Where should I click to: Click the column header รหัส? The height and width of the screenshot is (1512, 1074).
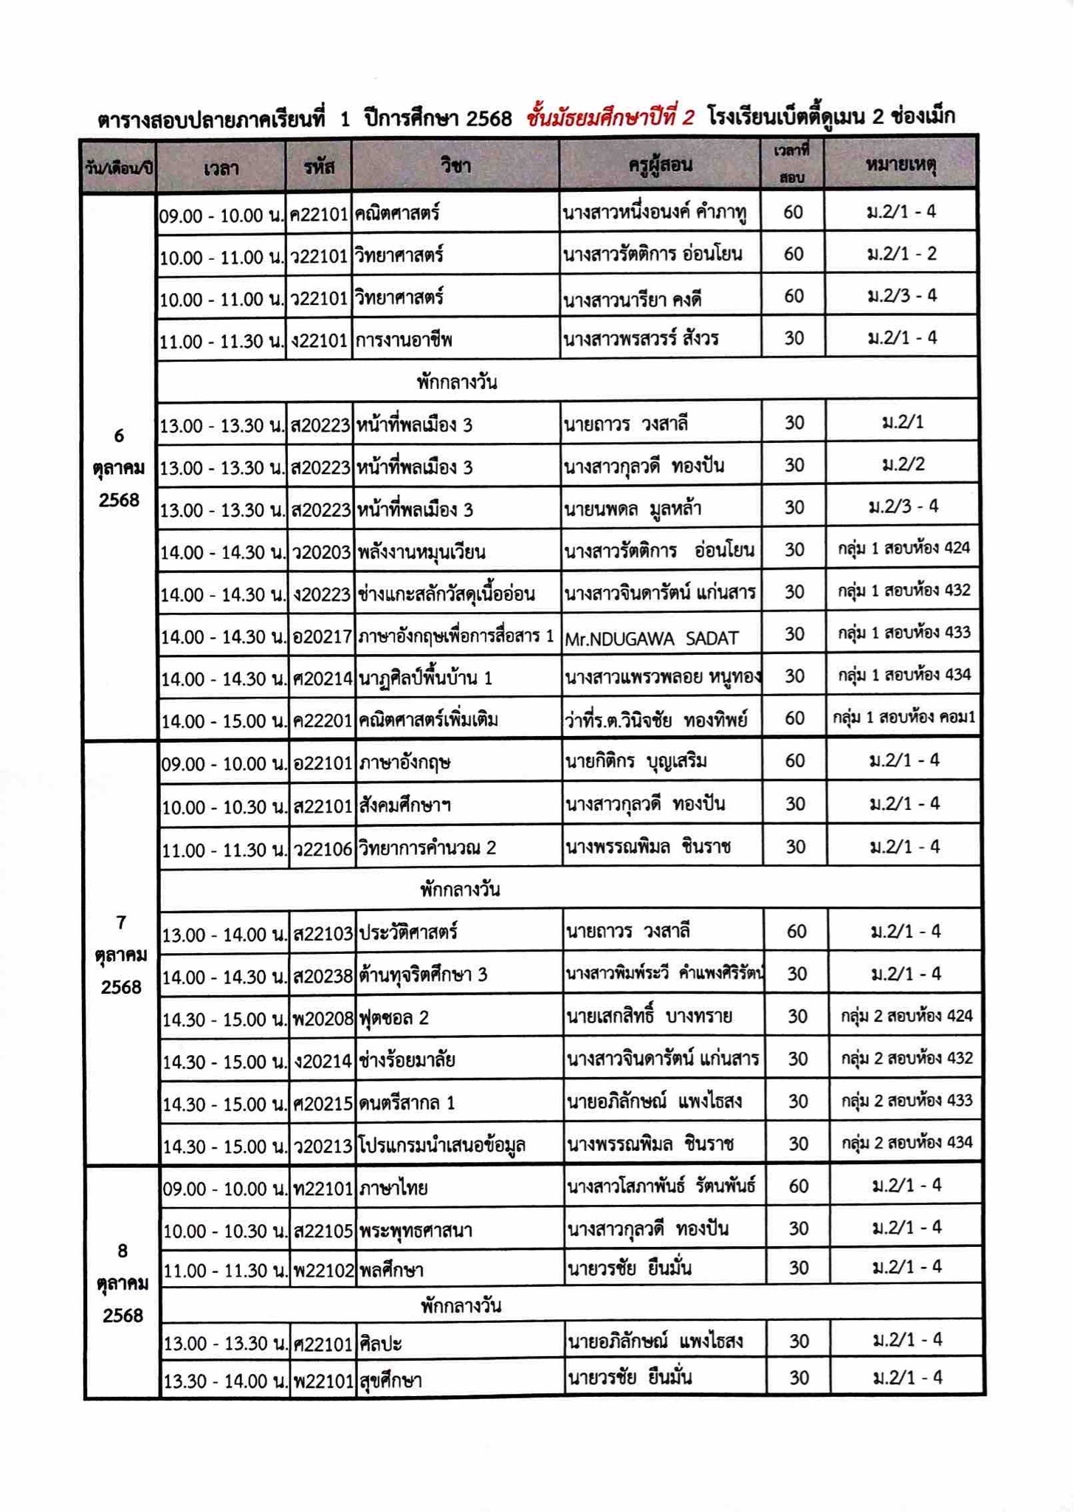click(319, 168)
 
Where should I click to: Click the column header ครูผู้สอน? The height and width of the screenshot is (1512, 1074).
click(660, 165)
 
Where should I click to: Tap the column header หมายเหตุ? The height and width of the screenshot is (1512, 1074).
click(901, 165)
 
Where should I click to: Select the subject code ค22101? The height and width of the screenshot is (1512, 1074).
click(319, 215)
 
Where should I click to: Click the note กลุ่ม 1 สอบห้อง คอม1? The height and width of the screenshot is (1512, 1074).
click(903, 717)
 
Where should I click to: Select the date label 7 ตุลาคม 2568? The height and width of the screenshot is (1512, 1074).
click(121, 955)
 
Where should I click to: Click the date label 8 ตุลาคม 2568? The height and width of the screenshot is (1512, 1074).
click(123, 1283)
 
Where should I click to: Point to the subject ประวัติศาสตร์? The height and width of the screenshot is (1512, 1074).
click(408, 932)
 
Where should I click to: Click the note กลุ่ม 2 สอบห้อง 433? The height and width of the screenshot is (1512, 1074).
click(906, 1101)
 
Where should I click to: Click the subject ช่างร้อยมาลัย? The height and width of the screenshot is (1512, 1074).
click(407, 1061)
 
